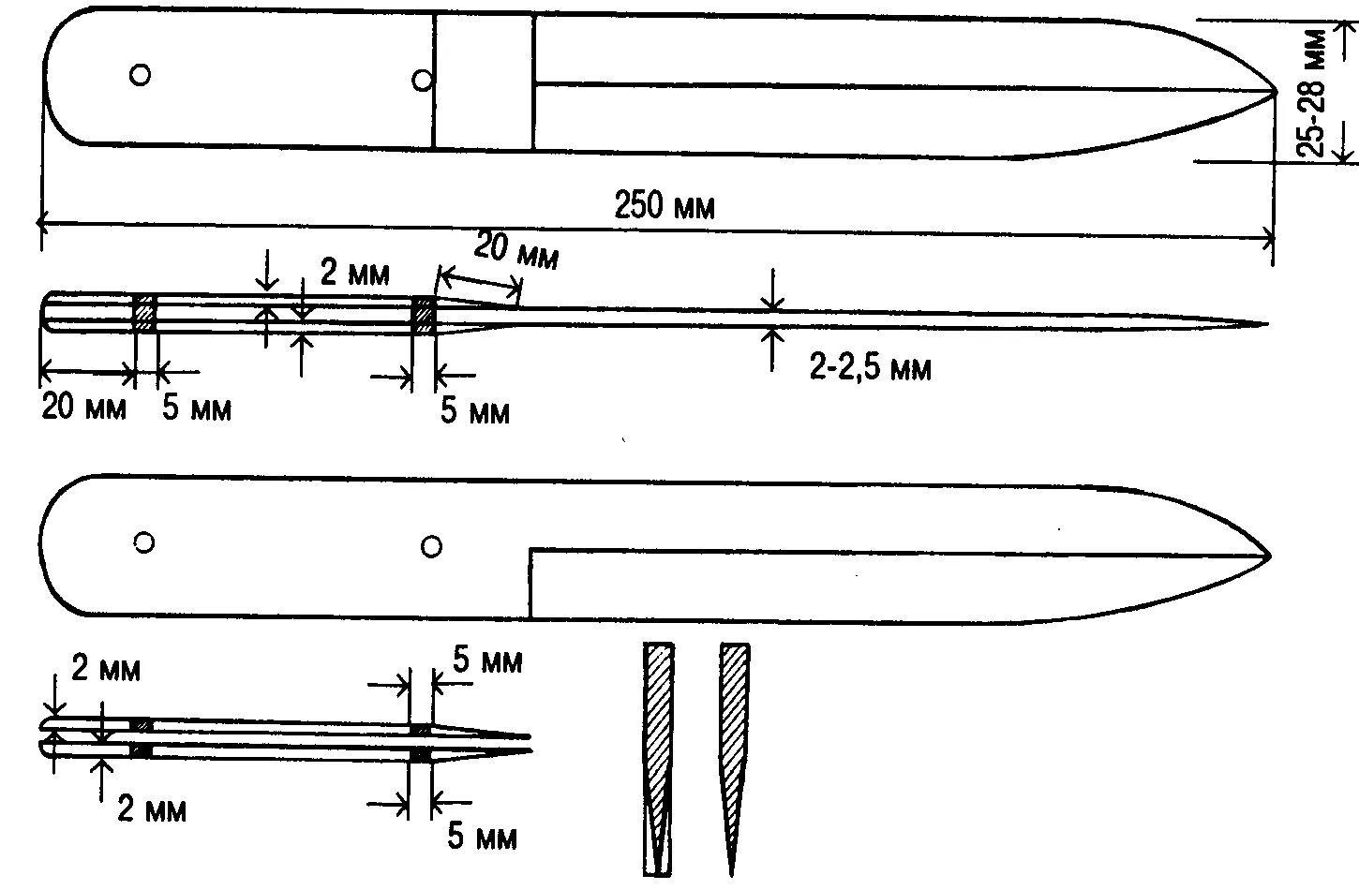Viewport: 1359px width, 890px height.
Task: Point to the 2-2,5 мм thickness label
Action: [x=871, y=368]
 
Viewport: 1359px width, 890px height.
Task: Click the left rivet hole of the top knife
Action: [x=140, y=75]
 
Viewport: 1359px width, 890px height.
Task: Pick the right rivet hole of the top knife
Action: [x=423, y=81]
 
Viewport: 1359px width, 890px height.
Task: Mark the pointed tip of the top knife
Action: [x=1274, y=93]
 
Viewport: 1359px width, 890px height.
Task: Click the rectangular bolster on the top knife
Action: [x=484, y=82]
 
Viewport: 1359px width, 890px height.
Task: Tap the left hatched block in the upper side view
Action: [x=145, y=313]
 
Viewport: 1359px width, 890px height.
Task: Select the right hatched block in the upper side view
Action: [x=424, y=315]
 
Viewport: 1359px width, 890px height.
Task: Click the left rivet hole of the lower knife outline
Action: [x=144, y=542]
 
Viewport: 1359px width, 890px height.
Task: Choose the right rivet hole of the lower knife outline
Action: [x=431, y=546]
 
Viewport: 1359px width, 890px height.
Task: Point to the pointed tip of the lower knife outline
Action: [x=1267, y=556]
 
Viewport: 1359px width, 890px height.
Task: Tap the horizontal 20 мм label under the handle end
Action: [x=83, y=408]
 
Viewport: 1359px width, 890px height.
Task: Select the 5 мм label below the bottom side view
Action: [x=481, y=837]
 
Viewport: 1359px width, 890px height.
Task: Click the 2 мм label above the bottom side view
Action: [x=106, y=670]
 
